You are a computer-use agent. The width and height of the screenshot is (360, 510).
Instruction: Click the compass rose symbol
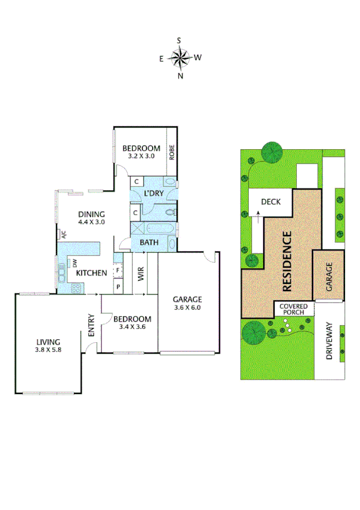pyautogui.click(x=180, y=58)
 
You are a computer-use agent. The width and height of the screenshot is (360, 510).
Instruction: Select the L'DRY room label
pyautogui.click(x=154, y=193)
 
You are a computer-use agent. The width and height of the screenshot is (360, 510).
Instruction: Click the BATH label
pyautogui.click(x=148, y=242)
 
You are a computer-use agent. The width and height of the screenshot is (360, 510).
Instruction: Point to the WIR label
pyautogui.click(x=141, y=275)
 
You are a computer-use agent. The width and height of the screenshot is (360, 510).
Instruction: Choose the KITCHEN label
pyautogui.click(x=91, y=273)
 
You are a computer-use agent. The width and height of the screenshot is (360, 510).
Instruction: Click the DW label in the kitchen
pyautogui.click(x=75, y=263)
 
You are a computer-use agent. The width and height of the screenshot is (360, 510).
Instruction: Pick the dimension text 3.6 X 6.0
pyautogui.click(x=188, y=307)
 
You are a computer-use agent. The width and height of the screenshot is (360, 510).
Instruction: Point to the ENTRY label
pyautogui.click(x=91, y=325)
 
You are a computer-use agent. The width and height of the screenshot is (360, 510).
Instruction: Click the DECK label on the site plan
pyautogui.click(x=271, y=201)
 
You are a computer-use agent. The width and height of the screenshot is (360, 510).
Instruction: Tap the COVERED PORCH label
pyautogui.click(x=294, y=309)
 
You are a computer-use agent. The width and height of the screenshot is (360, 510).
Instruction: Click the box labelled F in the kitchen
pyautogui.click(x=118, y=271)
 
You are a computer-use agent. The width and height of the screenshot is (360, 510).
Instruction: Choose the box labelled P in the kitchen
pyautogui.click(x=118, y=287)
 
